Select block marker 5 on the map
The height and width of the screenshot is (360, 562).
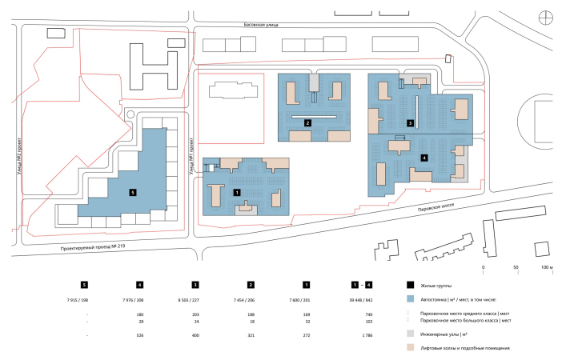pyautogui.click(x=134, y=192)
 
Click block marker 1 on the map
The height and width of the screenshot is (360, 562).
pyautogui.click(x=236, y=192)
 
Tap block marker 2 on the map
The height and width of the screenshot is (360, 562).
pyautogui.click(x=307, y=122)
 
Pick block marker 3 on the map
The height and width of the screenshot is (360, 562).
pyautogui.click(x=410, y=123)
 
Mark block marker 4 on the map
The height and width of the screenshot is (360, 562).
pyautogui.click(x=424, y=158)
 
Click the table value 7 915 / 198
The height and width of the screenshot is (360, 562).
pyautogui.click(x=84, y=298)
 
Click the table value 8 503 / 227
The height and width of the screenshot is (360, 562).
pyautogui.click(x=195, y=298)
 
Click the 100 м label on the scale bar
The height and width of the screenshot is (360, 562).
pyautogui.click(x=548, y=266)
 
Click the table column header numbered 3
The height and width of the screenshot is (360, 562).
pyautogui.click(x=195, y=284)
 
